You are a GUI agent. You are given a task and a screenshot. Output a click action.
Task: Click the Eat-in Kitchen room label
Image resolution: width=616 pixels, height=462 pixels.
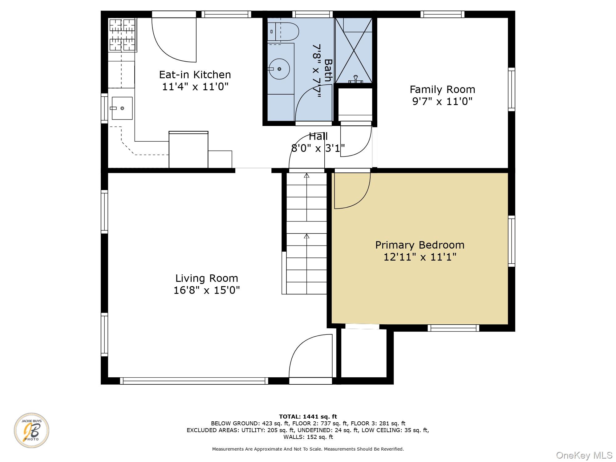point(195,75)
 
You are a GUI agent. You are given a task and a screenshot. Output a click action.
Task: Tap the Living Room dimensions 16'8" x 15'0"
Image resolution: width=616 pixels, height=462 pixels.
point(207,290)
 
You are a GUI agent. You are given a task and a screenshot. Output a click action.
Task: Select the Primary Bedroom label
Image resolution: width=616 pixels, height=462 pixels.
point(420,245)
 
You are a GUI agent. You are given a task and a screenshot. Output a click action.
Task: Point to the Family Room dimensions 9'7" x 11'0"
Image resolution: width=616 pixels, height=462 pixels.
point(442,101)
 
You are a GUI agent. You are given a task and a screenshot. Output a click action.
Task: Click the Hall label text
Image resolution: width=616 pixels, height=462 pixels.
point(318,136)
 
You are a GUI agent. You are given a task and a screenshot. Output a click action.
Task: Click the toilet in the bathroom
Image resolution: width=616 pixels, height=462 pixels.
point(283,31)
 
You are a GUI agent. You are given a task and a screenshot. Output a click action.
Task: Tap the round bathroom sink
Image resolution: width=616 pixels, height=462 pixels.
point(279,69)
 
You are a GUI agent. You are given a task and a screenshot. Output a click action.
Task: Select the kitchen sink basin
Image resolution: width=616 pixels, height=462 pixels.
point(122,108)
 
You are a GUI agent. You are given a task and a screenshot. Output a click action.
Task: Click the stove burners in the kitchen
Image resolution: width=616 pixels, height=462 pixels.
point(123,34)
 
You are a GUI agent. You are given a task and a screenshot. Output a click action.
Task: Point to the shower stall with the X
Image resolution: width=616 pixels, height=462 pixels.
point(354,51)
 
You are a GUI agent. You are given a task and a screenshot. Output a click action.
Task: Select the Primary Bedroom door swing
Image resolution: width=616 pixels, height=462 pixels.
point(352,191)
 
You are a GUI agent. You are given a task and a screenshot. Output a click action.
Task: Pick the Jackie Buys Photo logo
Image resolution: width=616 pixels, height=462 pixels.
point(31,430)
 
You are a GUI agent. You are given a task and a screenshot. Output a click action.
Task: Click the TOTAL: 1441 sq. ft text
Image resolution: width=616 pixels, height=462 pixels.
point(308,417)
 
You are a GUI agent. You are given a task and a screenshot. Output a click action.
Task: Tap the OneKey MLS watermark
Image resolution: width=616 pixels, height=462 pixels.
point(584,455)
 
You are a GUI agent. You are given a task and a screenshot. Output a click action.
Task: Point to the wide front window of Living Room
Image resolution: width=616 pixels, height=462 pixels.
point(194,381)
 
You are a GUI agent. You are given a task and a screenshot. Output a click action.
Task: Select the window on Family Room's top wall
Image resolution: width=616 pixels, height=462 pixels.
point(442,14)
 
